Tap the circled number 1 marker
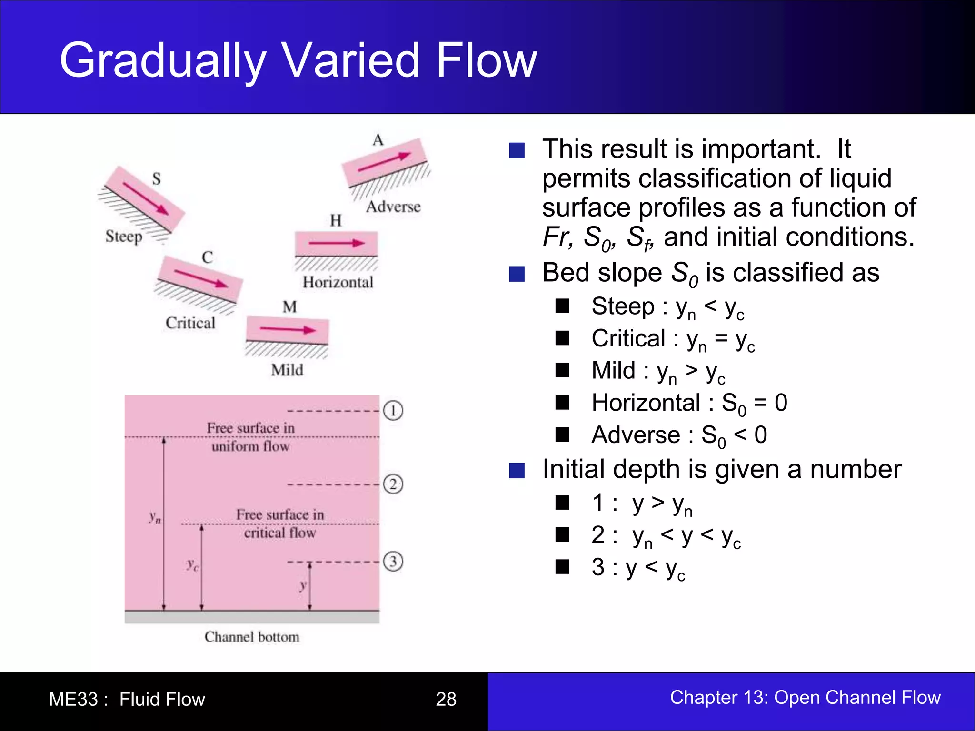[x=393, y=410]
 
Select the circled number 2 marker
[x=393, y=484]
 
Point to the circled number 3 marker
[x=393, y=562]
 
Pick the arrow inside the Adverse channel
[x=384, y=162]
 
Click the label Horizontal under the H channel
[x=338, y=282]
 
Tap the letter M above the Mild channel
[x=289, y=307]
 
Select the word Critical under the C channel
[x=190, y=323]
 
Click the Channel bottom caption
[x=252, y=637]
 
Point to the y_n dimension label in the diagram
[x=155, y=517]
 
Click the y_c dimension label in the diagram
[x=192, y=565]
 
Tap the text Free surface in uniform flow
[x=251, y=437]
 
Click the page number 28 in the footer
[x=446, y=699]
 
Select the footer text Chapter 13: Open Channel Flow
[x=805, y=697]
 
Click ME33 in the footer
[x=73, y=699]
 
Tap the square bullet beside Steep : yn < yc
[x=562, y=306]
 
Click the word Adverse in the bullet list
[x=636, y=435]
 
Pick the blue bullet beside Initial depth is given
[x=517, y=470]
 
